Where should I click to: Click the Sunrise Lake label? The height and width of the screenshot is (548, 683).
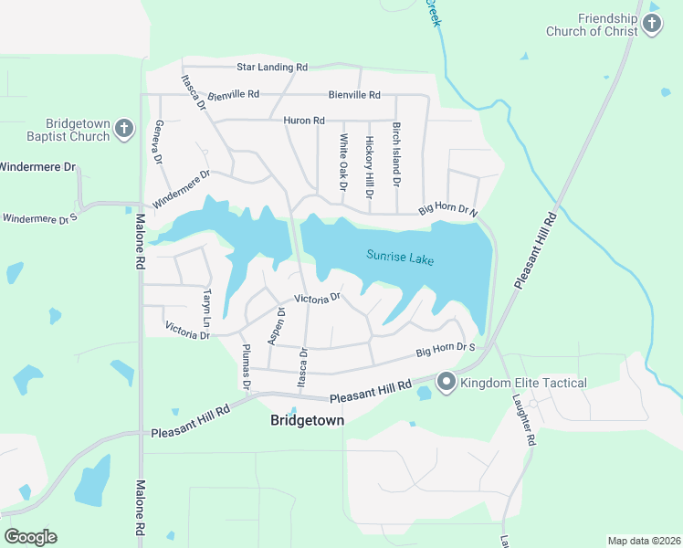click(400, 258)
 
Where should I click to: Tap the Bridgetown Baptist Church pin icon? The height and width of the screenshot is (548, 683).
click(124, 130)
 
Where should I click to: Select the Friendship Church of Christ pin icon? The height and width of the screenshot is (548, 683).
click(651, 24)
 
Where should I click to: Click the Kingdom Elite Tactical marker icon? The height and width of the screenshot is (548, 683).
click(447, 382)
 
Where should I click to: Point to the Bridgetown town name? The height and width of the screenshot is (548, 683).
click(308, 420)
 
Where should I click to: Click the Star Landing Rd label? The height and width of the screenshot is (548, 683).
click(272, 67)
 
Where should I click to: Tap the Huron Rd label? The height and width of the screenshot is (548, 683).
click(304, 120)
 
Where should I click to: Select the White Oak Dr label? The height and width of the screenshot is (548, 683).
click(343, 162)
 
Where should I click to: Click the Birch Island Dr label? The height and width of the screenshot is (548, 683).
click(396, 155)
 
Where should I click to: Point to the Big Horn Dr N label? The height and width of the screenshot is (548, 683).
click(448, 211)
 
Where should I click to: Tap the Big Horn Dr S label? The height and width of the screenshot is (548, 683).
click(447, 349)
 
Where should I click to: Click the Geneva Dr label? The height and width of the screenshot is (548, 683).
click(158, 142)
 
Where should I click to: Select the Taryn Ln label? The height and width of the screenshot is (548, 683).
click(206, 307)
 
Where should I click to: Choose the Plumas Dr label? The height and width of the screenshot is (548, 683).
click(246, 358)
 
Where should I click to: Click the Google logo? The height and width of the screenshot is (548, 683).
click(30, 536)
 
